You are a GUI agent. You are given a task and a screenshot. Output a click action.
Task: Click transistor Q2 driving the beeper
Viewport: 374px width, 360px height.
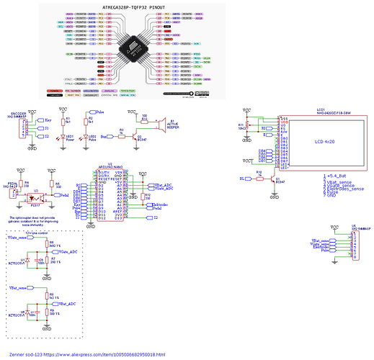[138, 133]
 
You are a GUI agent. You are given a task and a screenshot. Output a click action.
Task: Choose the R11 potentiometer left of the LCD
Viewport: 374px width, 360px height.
[246, 127]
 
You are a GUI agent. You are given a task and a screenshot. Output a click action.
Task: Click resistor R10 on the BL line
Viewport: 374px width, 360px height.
[258, 177]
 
